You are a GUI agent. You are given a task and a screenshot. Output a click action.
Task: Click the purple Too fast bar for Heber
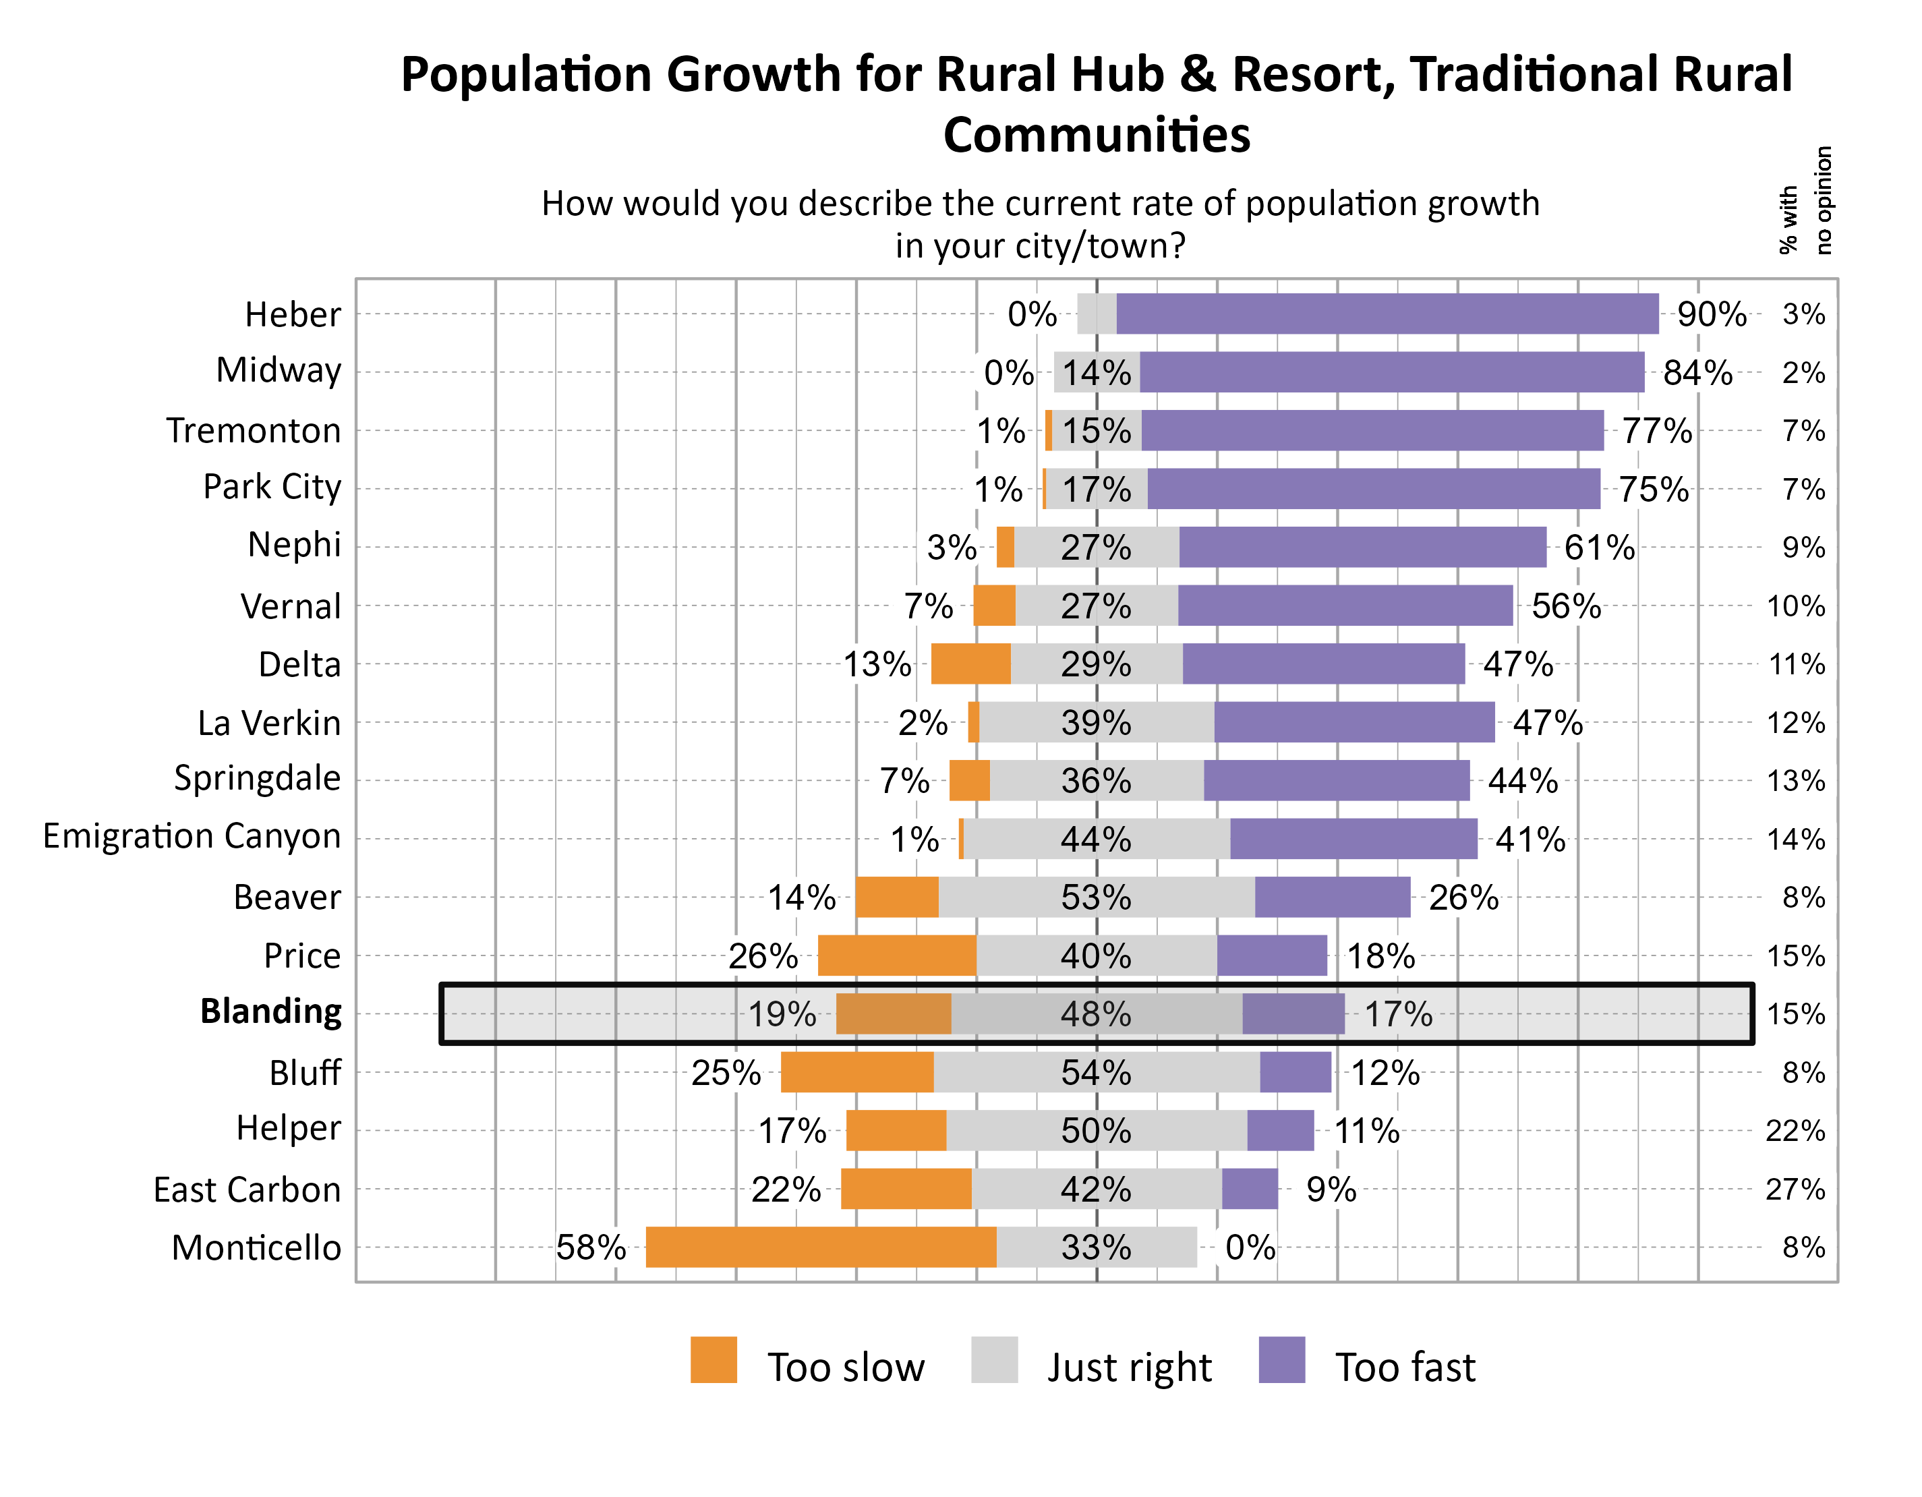click(1387, 314)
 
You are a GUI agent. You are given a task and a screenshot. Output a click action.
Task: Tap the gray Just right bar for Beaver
click(1096, 897)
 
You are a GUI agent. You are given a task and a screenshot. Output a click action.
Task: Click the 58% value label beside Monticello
click(591, 1247)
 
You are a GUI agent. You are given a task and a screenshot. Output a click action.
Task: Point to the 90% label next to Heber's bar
click(1711, 314)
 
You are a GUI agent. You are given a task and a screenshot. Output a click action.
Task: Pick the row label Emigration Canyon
click(192, 836)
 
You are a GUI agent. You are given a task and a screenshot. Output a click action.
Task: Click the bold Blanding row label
click(270, 1012)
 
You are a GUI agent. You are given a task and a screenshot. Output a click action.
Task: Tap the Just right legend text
click(1128, 1367)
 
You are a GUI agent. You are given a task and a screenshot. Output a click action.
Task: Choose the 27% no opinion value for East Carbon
click(1795, 1189)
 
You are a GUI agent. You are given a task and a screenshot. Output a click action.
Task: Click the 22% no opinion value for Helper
click(1795, 1131)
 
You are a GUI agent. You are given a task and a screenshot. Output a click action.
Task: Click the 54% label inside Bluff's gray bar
click(1096, 1072)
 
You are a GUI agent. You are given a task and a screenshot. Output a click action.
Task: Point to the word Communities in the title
click(1096, 135)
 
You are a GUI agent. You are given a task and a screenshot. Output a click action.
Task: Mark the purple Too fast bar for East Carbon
click(1250, 1189)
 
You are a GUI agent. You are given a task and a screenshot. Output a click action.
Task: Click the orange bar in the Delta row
click(970, 664)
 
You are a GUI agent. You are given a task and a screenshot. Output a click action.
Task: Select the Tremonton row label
click(253, 430)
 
